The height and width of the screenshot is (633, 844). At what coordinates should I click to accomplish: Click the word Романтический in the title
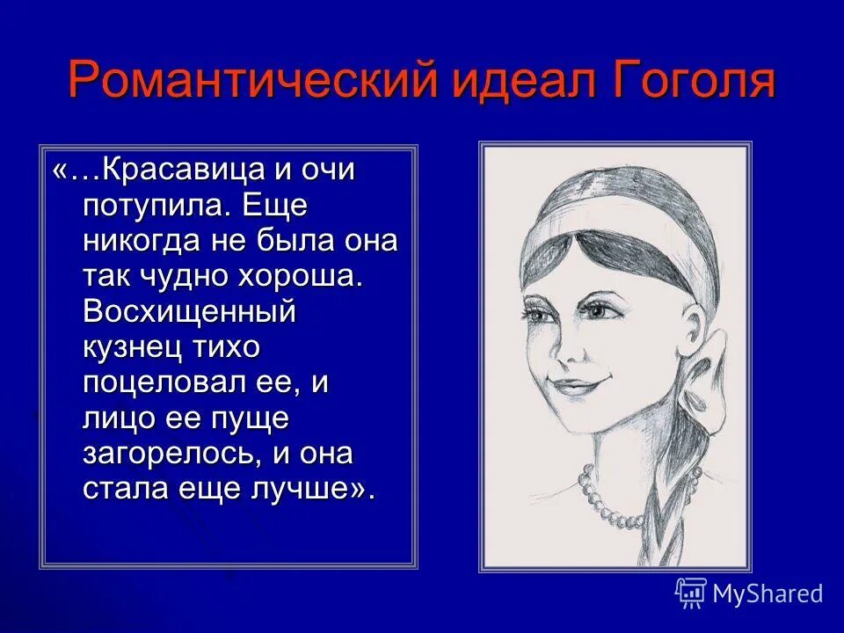pos(253,81)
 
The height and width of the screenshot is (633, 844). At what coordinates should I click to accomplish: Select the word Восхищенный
pos(189,311)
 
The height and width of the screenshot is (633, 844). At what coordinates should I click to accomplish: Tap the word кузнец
pos(132,346)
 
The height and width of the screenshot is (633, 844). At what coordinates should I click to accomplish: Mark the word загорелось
pos(169,454)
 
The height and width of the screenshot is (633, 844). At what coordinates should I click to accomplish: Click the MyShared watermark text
pos(768,593)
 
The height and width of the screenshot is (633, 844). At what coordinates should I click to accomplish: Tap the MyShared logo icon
pos(690,593)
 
